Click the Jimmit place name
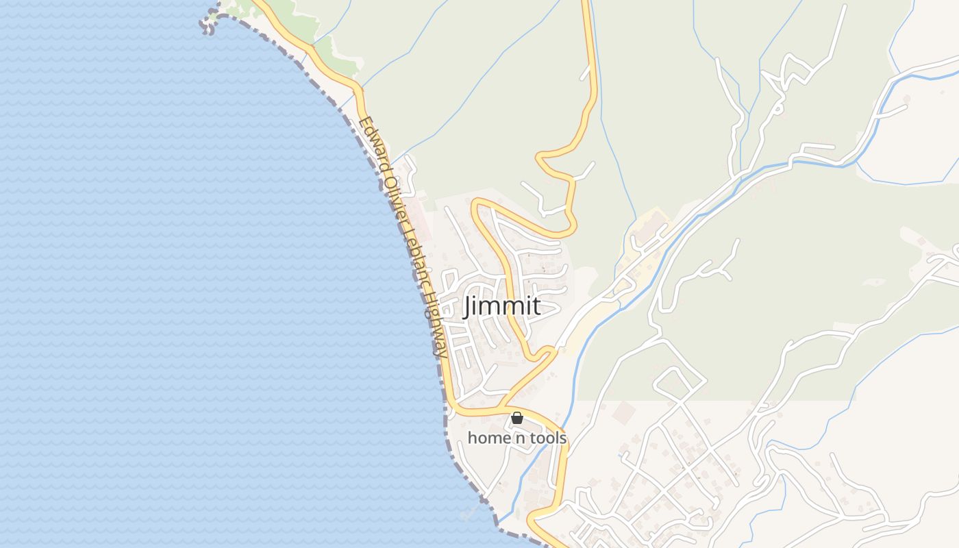tap(502, 306)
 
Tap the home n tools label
tap(517, 438)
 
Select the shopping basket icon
tap(517, 418)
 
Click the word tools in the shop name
tap(546, 438)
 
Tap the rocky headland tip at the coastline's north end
tap(208, 24)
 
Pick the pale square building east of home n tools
tap(623, 412)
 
